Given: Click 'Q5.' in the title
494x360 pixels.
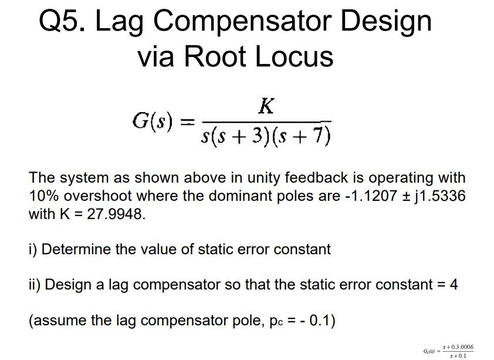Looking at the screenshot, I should coord(61,22).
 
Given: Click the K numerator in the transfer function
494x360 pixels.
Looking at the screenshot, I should coord(266,106).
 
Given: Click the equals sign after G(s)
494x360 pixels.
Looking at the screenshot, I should coord(185,122).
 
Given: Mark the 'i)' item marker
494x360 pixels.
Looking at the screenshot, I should coord(33,249).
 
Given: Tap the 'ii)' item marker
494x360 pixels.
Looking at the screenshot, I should coord(35,285).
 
